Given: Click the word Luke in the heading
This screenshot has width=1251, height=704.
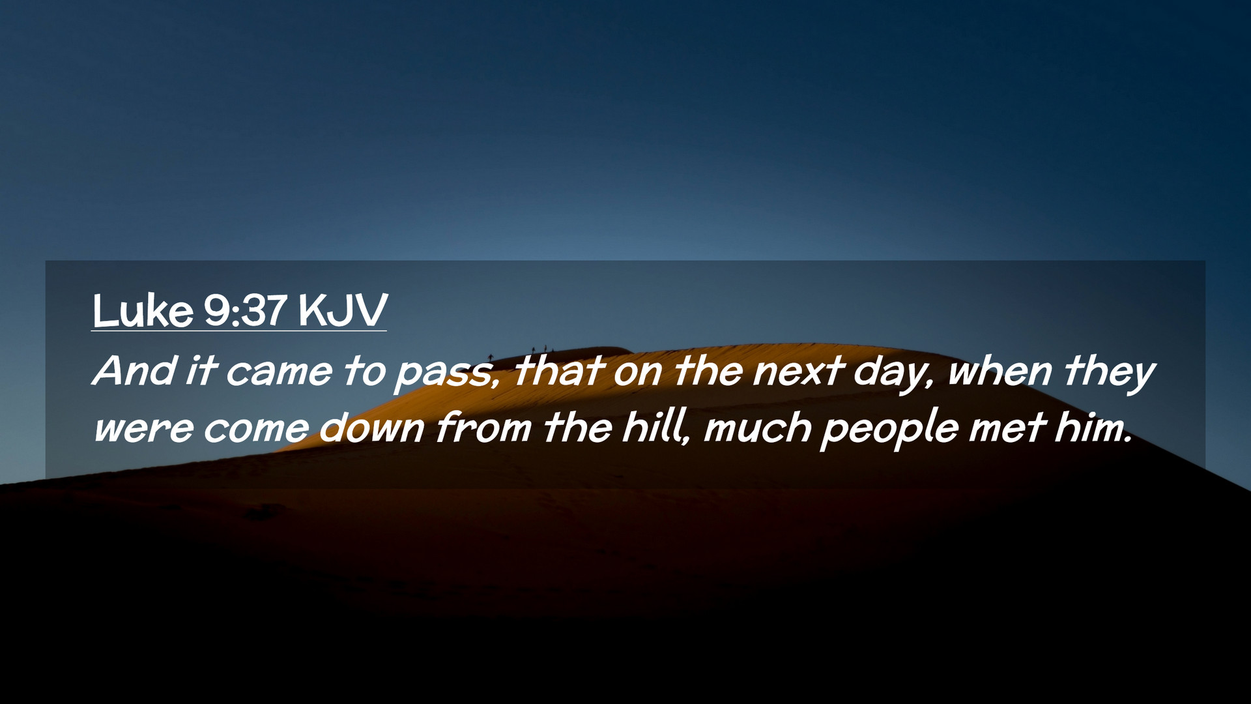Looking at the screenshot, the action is coord(143,310).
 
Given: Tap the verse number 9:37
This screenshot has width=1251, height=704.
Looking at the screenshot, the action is coord(246,310).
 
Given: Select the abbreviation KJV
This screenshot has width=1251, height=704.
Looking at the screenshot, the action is coord(343,310).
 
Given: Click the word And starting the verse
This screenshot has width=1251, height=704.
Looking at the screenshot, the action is coord(134,371).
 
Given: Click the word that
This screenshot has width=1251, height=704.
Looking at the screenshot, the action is coord(558,371).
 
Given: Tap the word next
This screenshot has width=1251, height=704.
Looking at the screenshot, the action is coord(798,372).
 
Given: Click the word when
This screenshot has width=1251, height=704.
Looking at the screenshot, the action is coord(1000,371).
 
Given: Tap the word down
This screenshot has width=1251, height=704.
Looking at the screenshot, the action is coord(372,428).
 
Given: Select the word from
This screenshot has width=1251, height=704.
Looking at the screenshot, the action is coord(483,428).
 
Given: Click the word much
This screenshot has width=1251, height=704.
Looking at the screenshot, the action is coord(757,428).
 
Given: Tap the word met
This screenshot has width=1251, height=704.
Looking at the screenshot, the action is coord(1007,428).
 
